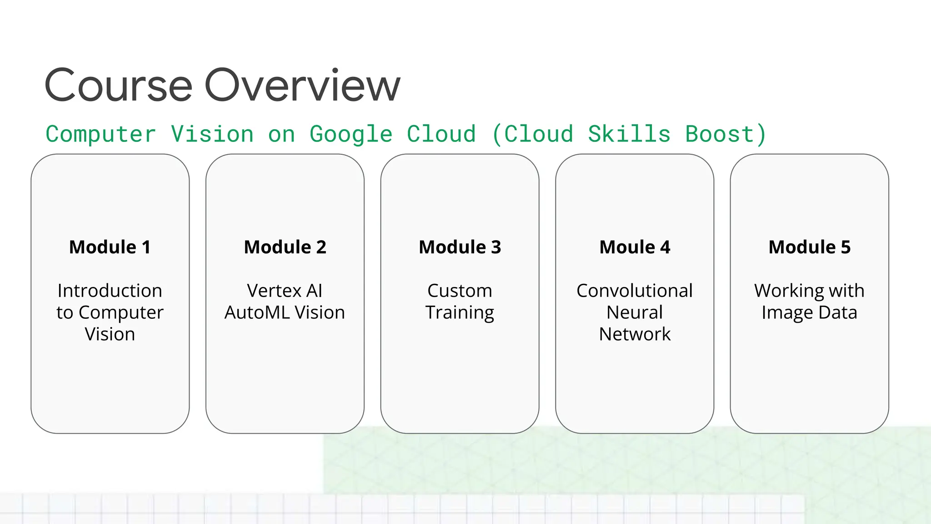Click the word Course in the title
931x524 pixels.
point(119,86)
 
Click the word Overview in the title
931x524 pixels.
point(302,86)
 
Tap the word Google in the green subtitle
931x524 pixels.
point(351,135)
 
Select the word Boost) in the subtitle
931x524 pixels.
point(726,135)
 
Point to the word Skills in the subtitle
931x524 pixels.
point(629,135)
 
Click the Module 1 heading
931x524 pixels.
point(110,247)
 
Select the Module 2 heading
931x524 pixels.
point(285,247)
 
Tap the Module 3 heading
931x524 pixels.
point(460,247)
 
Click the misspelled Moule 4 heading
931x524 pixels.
point(635,247)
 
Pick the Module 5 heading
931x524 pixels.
point(809,247)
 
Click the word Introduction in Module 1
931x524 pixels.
point(110,291)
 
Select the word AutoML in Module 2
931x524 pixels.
point(257,312)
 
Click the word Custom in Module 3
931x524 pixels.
point(460,291)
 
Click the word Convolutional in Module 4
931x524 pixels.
point(635,291)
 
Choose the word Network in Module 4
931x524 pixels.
point(635,334)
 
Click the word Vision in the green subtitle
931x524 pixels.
point(212,135)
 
